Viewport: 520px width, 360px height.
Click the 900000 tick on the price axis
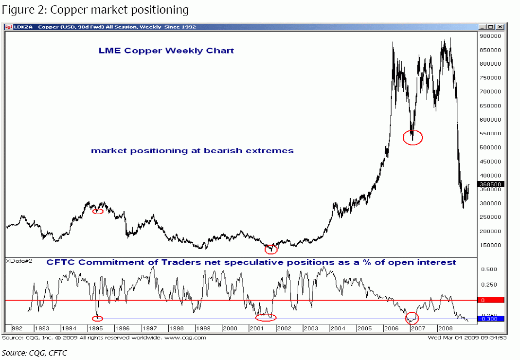tap(490, 36)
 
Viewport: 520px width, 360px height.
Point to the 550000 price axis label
tap(490, 133)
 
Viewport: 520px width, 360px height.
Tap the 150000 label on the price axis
tap(490, 245)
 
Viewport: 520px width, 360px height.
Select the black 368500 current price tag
tap(490, 184)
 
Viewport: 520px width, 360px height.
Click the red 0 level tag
tap(490, 300)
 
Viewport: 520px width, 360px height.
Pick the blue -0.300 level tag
tap(490, 319)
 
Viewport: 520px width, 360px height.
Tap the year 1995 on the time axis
tap(95, 328)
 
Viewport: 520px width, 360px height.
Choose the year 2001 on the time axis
tap(256, 328)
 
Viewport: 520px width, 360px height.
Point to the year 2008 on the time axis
tap(445, 328)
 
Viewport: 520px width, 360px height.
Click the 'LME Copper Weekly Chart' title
tap(166, 51)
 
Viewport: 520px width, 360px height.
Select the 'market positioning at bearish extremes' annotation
tap(192, 151)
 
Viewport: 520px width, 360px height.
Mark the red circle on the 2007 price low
tap(413, 138)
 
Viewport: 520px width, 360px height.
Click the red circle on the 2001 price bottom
tap(271, 249)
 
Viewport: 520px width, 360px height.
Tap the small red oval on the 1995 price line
tap(98, 211)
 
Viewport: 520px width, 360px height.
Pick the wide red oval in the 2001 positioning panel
tap(266, 318)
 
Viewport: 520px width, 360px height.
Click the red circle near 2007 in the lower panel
tap(412, 319)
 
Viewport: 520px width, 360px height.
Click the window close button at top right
tap(501, 27)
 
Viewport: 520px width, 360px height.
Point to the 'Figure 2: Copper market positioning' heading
tap(95, 9)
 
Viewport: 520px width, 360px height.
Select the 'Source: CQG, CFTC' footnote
tap(35, 353)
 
